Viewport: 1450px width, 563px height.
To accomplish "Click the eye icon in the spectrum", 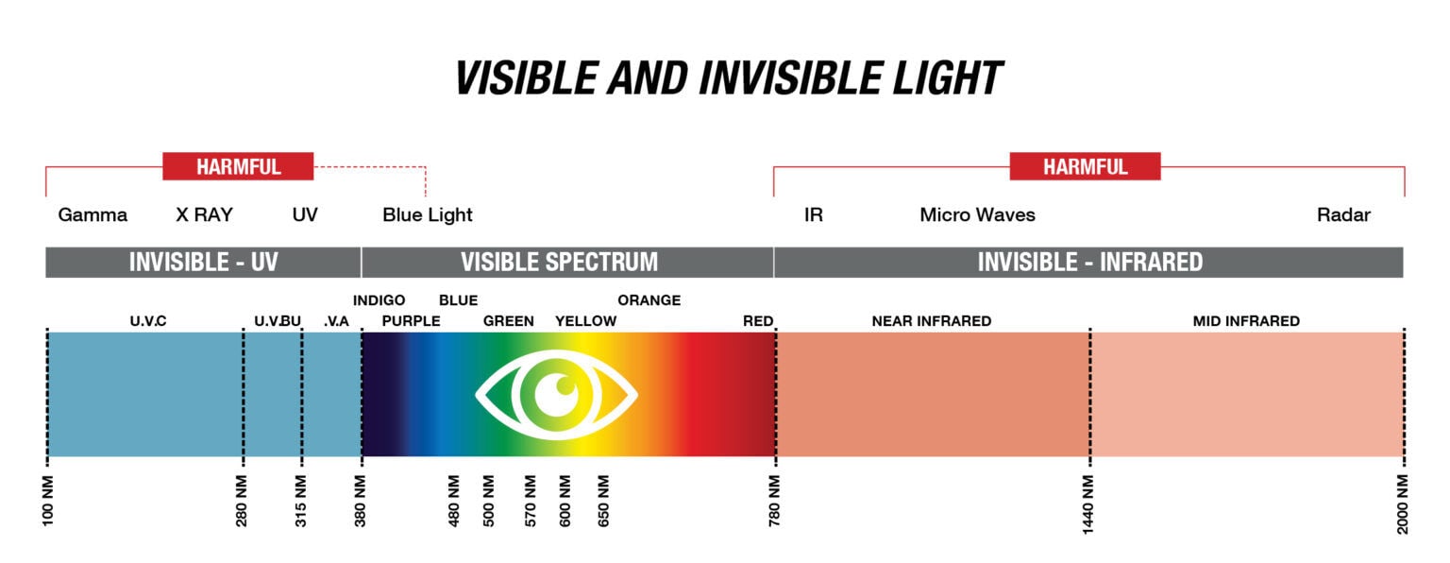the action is (x=557, y=395).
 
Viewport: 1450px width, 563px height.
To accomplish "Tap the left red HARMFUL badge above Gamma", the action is (x=238, y=166).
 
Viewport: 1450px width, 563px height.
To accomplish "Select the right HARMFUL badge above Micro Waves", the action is (x=1085, y=166).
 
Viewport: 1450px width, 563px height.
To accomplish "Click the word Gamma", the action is (x=93, y=215).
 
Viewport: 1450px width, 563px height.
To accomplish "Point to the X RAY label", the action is (x=205, y=214).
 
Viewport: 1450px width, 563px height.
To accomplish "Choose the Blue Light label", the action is (x=428, y=215).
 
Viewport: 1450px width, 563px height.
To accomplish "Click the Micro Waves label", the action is (x=977, y=214).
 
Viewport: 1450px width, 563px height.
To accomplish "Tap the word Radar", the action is (x=1344, y=214).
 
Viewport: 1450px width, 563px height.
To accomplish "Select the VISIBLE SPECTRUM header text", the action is (x=559, y=263).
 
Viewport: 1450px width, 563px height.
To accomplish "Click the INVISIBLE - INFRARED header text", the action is (x=1090, y=263).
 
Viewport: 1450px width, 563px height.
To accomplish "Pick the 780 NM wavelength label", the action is (x=774, y=500).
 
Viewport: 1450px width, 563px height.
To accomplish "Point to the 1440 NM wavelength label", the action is (x=1087, y=504).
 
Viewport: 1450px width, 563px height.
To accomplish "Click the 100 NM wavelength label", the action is (x=48, y=501).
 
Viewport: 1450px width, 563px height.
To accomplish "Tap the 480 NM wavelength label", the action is (x=454, y=501).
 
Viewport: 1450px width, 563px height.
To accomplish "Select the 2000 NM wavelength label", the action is (x=1402, y=504).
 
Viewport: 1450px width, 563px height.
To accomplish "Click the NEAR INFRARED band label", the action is (x=932, y=320).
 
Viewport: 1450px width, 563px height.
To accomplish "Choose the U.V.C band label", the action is (x=148, y=320).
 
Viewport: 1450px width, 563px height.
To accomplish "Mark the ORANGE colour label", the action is (x=649, y=300).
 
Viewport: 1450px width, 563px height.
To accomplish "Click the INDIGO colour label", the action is (x=379, y=300).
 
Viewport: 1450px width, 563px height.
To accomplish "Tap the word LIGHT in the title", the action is (x=948, y=78).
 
